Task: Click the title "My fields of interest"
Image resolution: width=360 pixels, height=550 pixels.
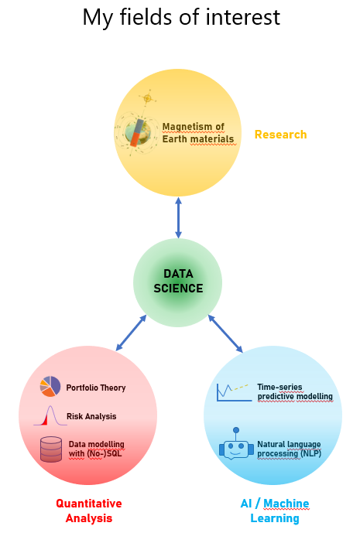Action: point(181,17)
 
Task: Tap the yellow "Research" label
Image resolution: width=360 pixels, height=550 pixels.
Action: point(280,135)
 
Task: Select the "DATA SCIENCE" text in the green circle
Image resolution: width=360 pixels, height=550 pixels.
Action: point(178,281)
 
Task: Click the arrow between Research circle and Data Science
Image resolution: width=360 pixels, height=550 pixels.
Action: point(178,217)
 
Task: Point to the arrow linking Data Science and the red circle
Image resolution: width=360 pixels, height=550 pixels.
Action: point(131,333)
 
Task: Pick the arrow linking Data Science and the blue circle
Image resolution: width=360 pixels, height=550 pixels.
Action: point(225,333)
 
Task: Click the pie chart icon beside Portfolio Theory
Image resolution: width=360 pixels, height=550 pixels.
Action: point(50,386)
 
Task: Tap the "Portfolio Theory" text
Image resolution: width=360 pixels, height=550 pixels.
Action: point(96,388)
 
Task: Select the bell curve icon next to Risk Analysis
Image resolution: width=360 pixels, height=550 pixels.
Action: point(50,415)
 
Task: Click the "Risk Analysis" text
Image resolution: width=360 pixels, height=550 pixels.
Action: point(91,416)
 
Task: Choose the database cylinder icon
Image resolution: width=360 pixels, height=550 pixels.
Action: point(51,449)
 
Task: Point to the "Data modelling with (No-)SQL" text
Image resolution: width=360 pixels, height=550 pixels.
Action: point(97,449)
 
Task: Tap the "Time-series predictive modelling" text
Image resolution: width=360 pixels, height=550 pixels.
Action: point(295,391)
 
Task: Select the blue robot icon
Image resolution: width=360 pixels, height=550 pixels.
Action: point(236,444)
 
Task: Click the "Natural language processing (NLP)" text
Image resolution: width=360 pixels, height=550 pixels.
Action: point(289,449)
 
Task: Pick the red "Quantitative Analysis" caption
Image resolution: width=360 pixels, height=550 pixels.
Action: point(89,511)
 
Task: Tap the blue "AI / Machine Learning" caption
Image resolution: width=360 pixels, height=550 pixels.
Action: point(275,511)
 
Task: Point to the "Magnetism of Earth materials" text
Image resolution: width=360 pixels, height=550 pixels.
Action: point(198,133)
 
